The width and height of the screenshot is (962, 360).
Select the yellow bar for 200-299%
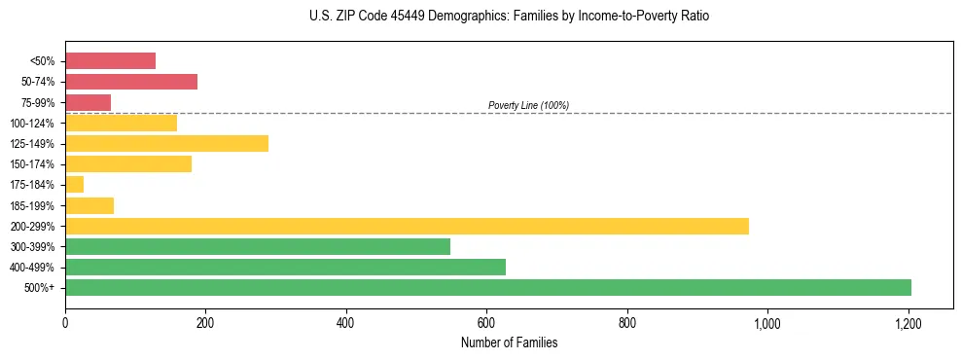click(407, 226)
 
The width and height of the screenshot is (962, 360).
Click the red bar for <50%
click(110, 61)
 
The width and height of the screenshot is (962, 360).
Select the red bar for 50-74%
click(131, 82)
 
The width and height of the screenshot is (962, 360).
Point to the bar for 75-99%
click(88, 102)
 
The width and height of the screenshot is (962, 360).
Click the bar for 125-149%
click(166, 143)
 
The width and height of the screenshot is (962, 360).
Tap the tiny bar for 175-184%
click(74, 184)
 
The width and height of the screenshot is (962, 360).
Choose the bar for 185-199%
click(89, 205)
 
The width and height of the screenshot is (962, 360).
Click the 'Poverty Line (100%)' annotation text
click(528, 105)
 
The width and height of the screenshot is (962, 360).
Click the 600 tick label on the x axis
click(486, 322)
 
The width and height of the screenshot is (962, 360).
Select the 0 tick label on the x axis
click(65, 322)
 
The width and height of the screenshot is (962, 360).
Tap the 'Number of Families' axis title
click(509, 342)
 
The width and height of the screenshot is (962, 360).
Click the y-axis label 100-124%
click(32, 124)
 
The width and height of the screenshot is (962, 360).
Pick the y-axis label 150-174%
click(32, 164)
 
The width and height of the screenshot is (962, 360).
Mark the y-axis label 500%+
click(38, 288)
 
